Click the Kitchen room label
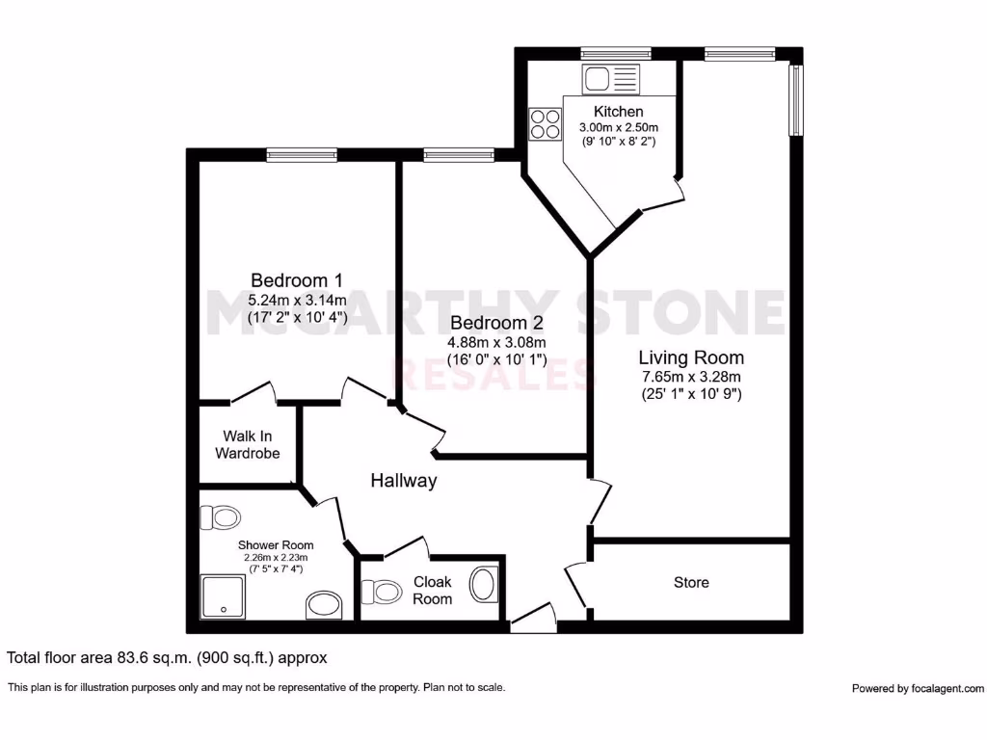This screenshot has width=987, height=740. point(618,112)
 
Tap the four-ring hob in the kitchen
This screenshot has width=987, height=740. point(546,123)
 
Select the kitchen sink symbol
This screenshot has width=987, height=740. point(610,79)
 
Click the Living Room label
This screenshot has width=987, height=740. point(691,357)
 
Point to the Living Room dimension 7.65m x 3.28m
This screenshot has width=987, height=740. point(691,376)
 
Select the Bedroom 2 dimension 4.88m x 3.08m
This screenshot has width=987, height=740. point(496,342)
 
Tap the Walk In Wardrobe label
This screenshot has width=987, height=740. point(248,444)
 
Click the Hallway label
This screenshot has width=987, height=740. point(404,481)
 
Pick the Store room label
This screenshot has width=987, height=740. point(691,582)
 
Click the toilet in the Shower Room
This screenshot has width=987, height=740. point(220,518)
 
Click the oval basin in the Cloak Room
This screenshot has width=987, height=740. point(482,585)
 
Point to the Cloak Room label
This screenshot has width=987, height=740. point(433,590)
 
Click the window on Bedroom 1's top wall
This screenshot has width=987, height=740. point(302,154)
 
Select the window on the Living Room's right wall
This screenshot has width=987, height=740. point(796,100)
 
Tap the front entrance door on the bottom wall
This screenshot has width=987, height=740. point(533,620)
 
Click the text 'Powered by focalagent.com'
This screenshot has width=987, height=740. point(918,688)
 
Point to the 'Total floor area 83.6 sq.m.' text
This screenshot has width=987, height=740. point(167,658)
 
